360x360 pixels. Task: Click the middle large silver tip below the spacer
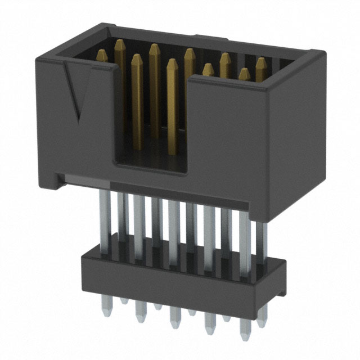tap(173, 324)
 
